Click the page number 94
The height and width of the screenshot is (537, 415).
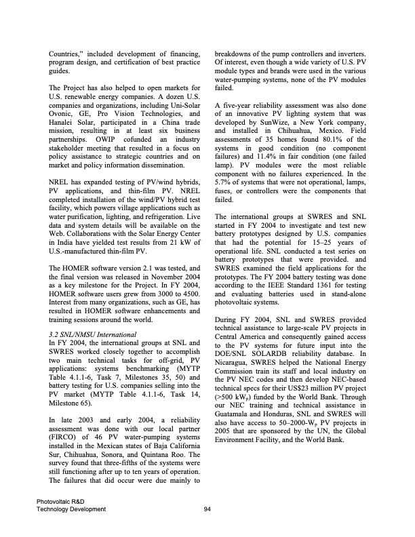pyautogui.click(x=207, y=509)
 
